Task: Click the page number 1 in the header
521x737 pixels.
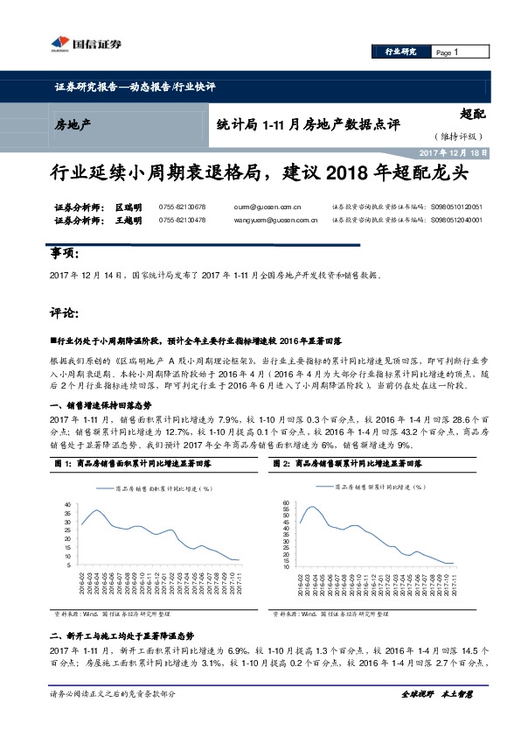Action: click(456, 53)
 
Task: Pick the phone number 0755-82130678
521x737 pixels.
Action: click(183, 207)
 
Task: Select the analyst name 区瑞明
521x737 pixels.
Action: click(129, 207)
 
